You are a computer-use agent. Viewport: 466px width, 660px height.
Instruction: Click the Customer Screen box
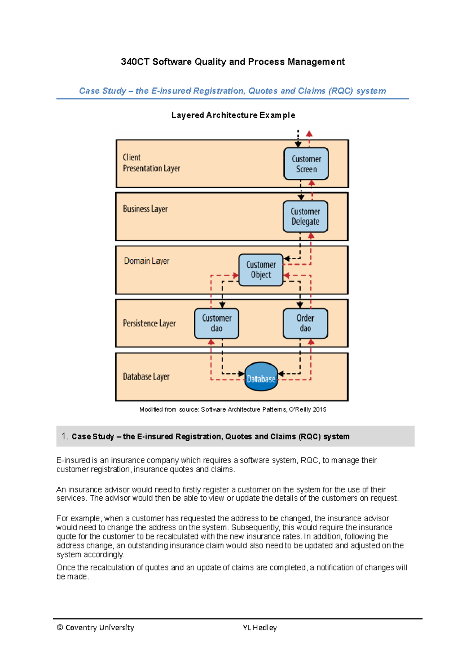click(306, 164)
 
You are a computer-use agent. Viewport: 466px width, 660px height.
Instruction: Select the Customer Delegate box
click(305, 217)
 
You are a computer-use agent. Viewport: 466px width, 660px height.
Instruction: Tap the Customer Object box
click(261, 270)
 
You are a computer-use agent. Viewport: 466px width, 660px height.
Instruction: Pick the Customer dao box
click(216, 323)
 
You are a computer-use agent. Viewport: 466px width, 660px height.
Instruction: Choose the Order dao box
click(305, 323)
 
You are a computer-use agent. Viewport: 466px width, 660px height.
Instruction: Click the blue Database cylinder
click(261, 377)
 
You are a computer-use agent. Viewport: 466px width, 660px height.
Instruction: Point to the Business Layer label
click(145, 209)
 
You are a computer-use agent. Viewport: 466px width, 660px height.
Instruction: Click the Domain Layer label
click(146, 261)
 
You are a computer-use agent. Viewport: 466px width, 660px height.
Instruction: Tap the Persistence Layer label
click(149, 323)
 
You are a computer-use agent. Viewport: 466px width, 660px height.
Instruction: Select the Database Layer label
click(146, 377)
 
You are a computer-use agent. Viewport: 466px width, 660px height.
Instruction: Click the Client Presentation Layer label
click(151, 163)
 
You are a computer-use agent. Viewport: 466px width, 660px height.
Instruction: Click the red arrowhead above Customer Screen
click(309, 134)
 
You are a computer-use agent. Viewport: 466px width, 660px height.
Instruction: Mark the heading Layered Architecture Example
click(233, 115)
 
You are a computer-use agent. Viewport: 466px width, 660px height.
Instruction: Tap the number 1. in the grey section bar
click(64, 436)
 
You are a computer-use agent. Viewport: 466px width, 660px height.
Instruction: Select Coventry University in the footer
click(99, 627)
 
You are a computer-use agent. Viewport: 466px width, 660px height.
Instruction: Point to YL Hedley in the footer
click(259, 627)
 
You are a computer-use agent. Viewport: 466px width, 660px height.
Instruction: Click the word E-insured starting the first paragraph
click(73, 460)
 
